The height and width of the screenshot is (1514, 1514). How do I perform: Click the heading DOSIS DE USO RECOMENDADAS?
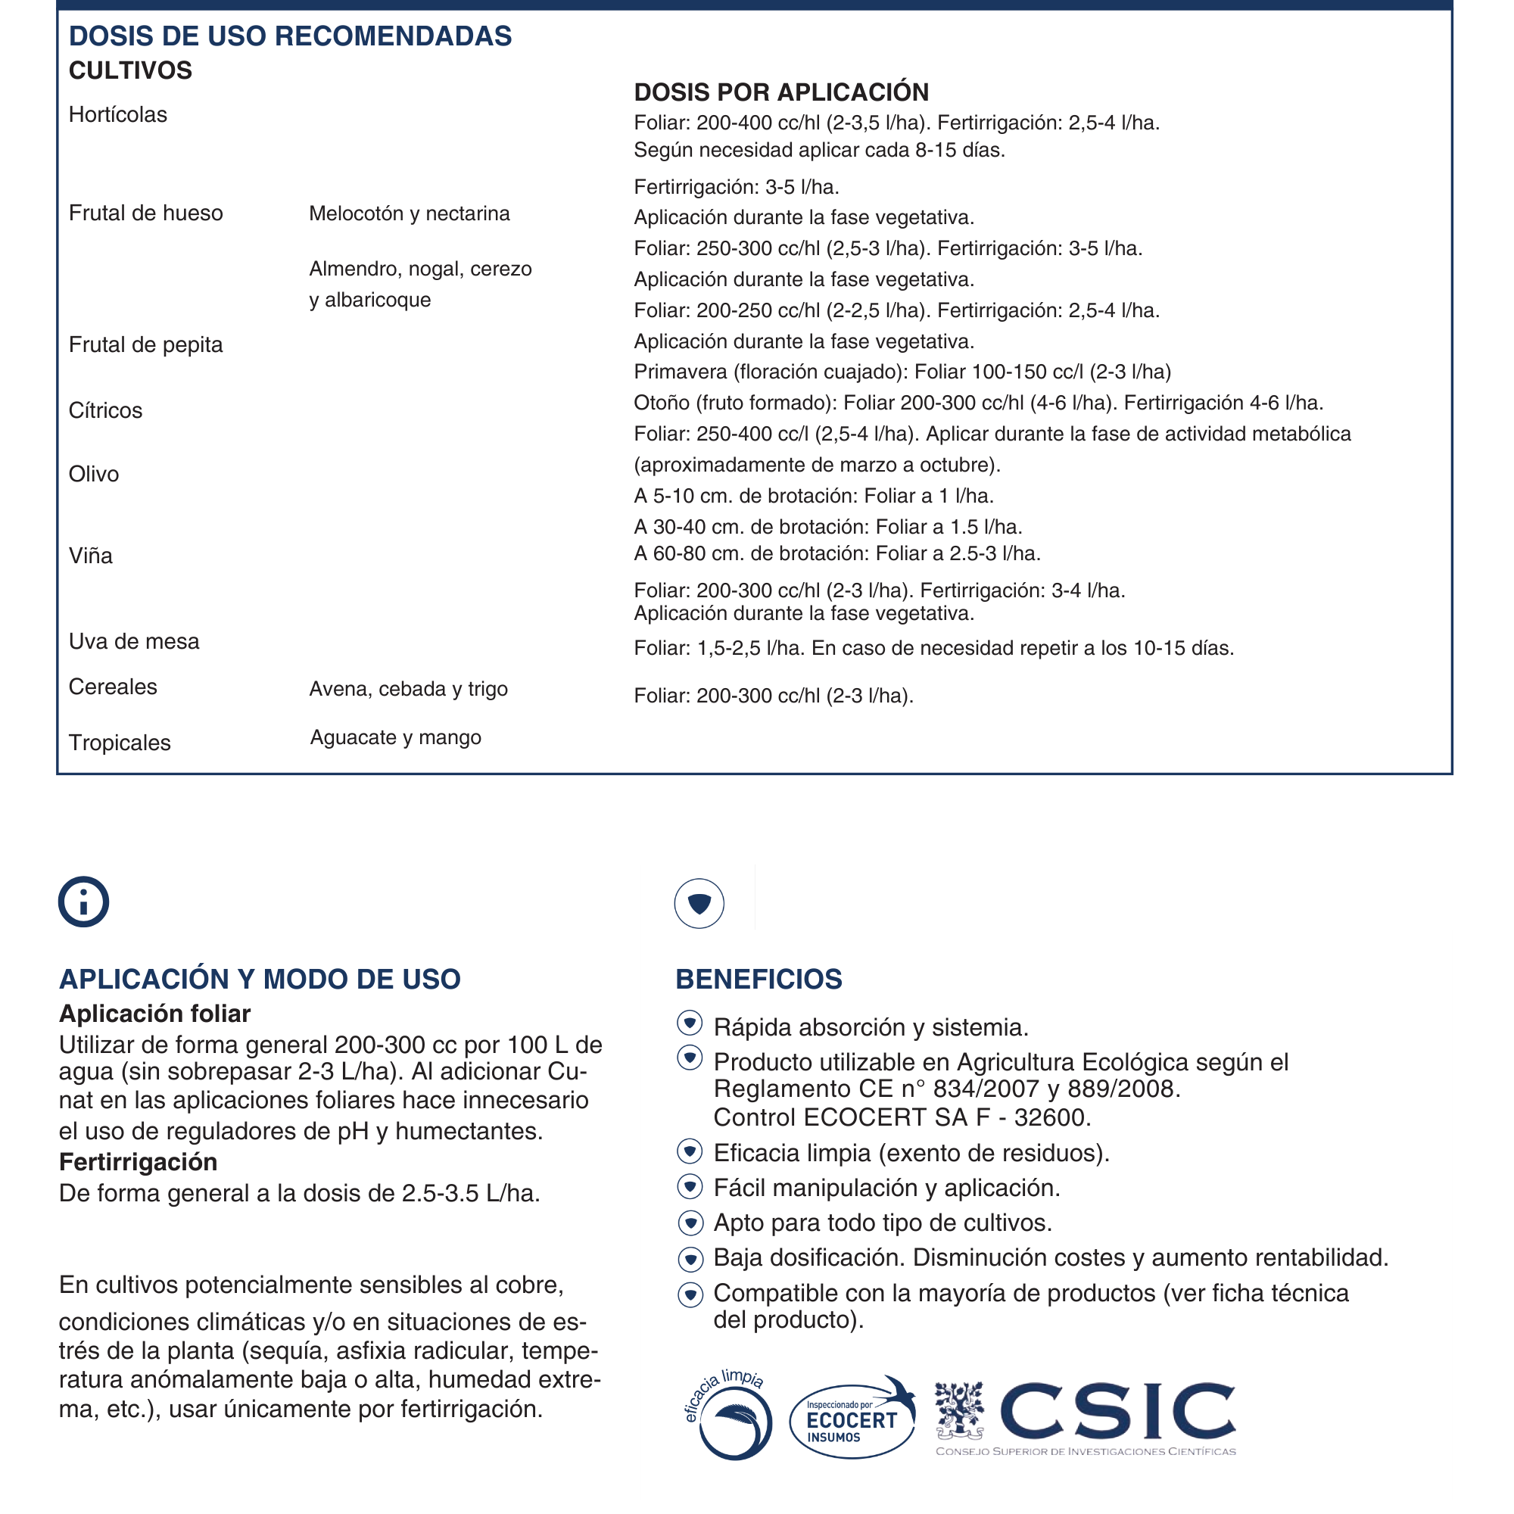290,36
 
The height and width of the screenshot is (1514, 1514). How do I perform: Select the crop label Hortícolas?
117,115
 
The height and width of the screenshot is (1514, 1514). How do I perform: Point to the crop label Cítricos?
106,410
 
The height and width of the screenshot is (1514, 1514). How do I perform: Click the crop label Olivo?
94,474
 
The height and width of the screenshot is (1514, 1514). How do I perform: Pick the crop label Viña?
91,556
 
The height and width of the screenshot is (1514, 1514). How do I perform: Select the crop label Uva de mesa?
134,642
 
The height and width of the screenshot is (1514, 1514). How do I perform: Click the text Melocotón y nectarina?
409,214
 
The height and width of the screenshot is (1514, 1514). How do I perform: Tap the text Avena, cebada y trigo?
408,690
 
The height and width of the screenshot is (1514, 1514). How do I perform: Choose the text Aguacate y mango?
396,738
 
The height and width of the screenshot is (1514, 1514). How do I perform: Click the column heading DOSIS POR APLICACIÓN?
781,92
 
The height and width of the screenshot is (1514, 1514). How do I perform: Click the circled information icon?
83,902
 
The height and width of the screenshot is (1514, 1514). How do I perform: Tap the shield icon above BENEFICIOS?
699,904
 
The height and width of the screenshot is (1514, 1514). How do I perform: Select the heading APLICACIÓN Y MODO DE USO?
260,980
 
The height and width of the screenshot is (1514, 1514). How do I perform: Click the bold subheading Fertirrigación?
138,1162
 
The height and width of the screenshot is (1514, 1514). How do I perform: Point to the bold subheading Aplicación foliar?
154,1014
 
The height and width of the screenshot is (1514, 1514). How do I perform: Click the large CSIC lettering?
1117,1410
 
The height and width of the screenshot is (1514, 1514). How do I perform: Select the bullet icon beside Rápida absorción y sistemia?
690,1023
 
